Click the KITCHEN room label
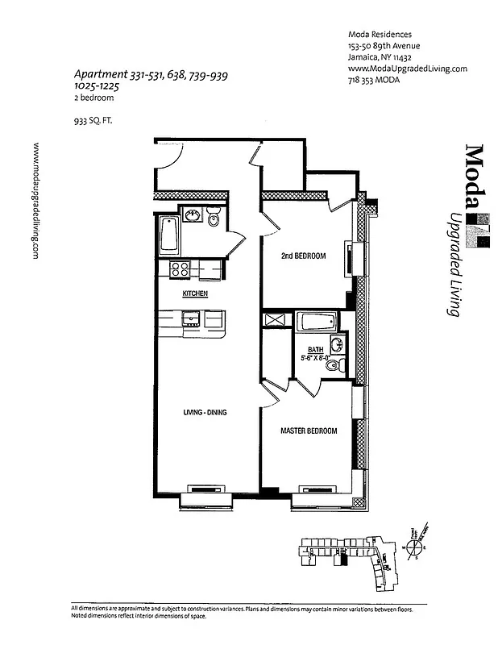[195, 294]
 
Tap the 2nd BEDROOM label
[303, 256]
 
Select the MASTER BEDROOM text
[308, 431]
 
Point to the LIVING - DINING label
[204, 413]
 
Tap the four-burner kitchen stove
[178, 270]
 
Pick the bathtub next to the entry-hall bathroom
[169, 235]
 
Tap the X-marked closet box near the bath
[275, 321]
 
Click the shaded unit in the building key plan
[346, 557]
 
